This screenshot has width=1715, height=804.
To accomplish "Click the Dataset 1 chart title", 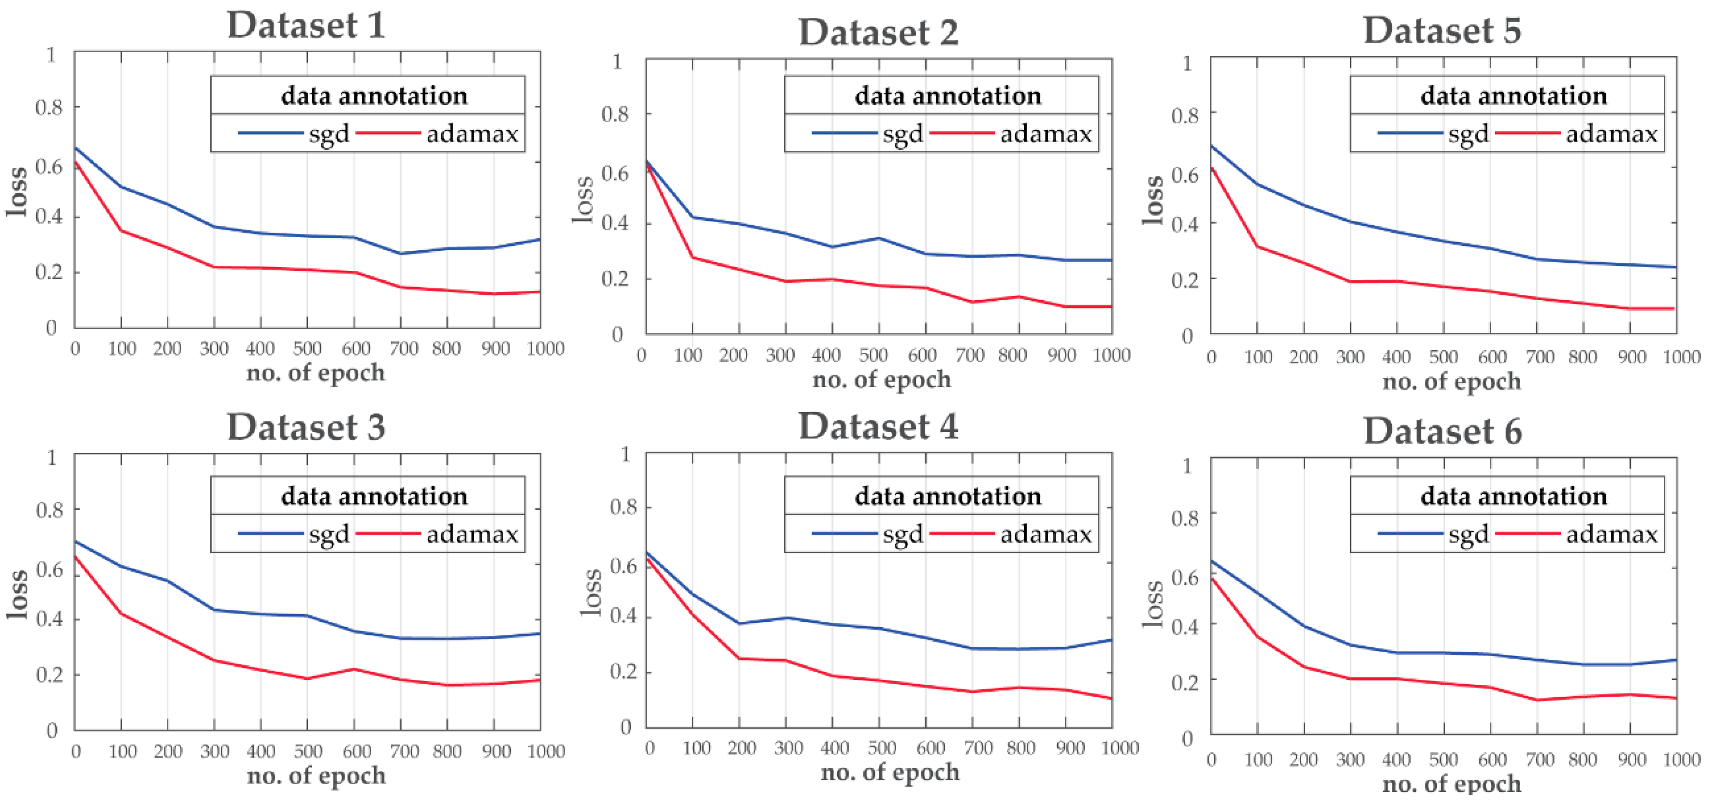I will [x=306, y=25].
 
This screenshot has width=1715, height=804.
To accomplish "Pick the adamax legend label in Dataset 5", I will [x=1611, y=134].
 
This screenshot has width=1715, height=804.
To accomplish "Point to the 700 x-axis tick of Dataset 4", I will [x=978, y=748].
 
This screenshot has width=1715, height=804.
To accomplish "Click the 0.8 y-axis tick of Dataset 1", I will [x=49, y=108].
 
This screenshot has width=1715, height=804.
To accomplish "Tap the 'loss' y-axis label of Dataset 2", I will [x=583, y=200].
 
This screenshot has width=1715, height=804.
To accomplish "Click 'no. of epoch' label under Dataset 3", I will [x=316, y=776].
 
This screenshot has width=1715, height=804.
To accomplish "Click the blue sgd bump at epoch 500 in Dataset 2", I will [x=879, y=238].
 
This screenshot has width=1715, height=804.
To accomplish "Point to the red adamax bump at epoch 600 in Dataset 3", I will [x=354, y=669].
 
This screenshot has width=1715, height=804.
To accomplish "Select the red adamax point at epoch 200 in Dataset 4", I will [x=739, y=658].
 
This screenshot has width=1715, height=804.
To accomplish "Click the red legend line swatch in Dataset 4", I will [x=961, y=534].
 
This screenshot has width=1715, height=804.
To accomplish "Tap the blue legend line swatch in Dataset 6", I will [x=1410, y=534].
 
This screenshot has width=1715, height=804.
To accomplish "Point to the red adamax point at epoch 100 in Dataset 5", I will [x=1257, y=246].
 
